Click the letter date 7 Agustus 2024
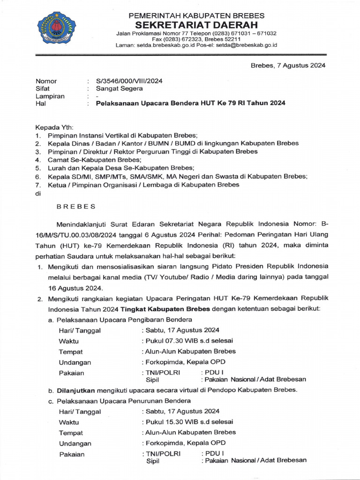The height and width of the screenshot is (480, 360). [301, 65]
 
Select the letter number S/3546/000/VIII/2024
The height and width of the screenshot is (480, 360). [129, 81]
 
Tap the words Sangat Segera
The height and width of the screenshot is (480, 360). [120, 88]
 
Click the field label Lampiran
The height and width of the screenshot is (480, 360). [50, 96]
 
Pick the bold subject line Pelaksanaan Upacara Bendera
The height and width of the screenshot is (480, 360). [190, 103]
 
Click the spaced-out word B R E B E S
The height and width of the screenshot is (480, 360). [75, 206]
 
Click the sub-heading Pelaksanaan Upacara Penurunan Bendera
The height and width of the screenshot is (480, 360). [124, 401]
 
